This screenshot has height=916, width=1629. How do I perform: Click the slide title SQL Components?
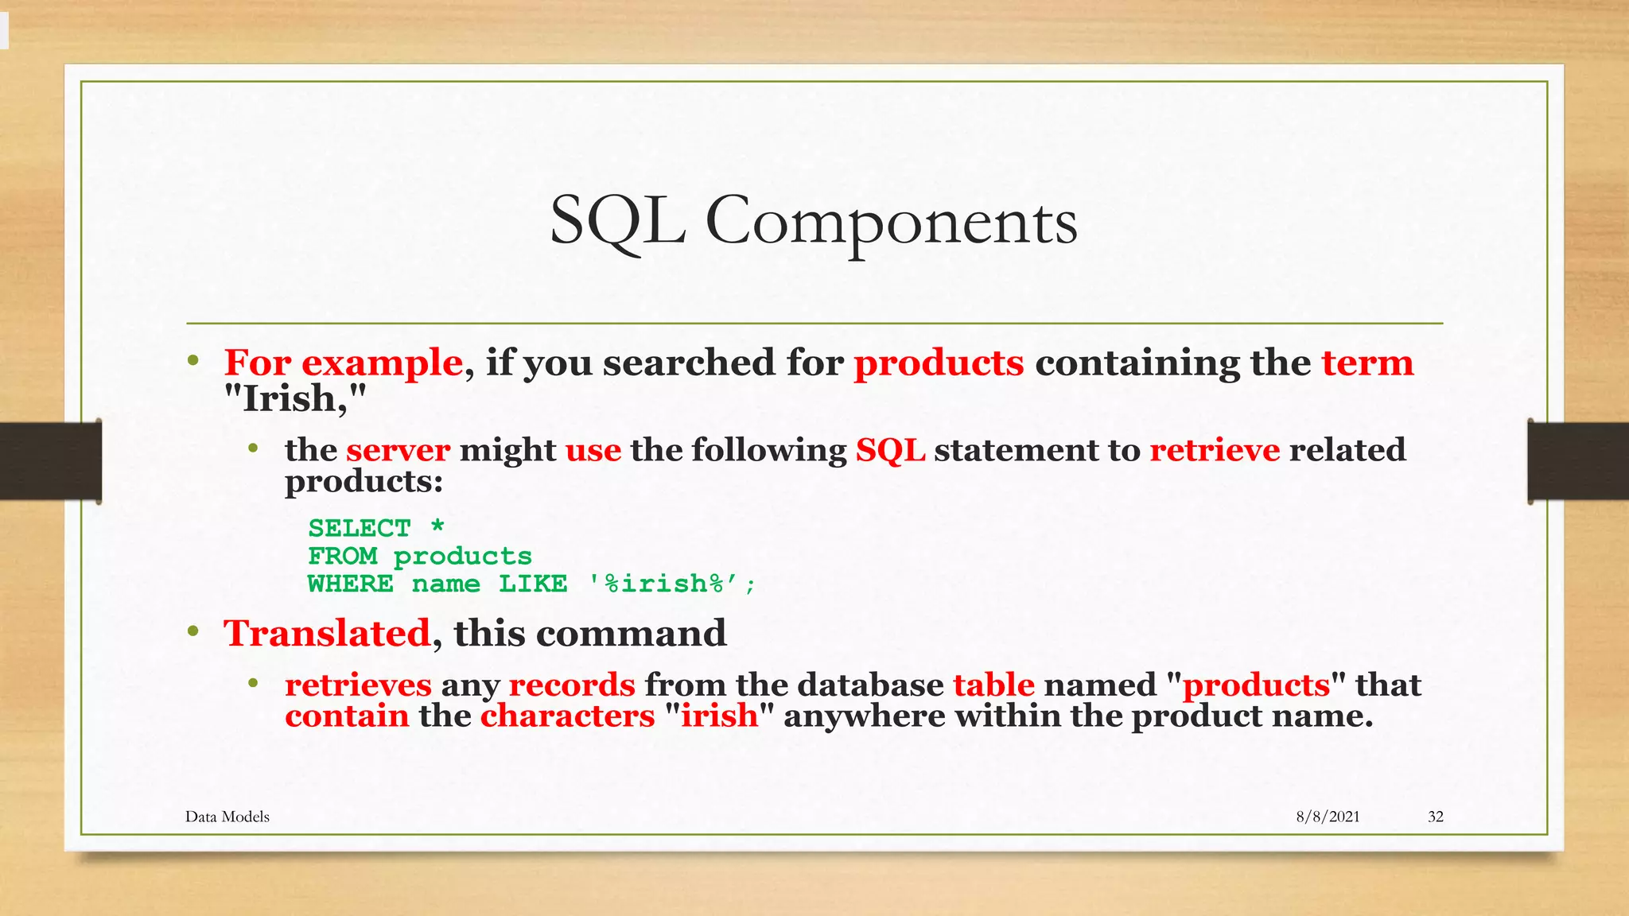tap(813, 221)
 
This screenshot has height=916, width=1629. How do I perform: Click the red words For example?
tap(343, 363)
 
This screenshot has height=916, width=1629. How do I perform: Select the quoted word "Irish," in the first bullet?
tap(295, 398)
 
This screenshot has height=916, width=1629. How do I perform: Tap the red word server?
tap(398, 451)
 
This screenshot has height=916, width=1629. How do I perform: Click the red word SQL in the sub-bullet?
tap(890, 451)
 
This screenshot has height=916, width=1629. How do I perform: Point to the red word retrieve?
tap(1215, 451)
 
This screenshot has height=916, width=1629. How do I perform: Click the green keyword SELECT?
tap(359, 528)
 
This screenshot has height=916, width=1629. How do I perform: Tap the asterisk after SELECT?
tap(437, 526)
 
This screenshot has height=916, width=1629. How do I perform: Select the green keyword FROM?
tap(342, 556)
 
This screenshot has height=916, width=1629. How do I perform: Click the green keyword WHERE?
tap(350, 584)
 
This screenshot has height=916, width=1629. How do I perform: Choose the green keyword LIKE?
tap(533, 584)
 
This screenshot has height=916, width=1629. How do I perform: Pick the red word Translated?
tap(327, 634)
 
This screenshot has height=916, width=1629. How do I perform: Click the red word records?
tap(572, 685)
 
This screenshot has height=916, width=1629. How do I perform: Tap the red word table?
tap(993, 685)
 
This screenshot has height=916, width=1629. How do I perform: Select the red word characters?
tap(567, 716)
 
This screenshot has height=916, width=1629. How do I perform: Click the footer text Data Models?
tap(227, 817)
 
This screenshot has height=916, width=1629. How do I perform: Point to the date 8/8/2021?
tap(1328, 817)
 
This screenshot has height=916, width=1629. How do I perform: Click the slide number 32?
tap(1436, 817)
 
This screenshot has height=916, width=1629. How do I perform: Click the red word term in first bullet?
tap(1367, 363)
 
